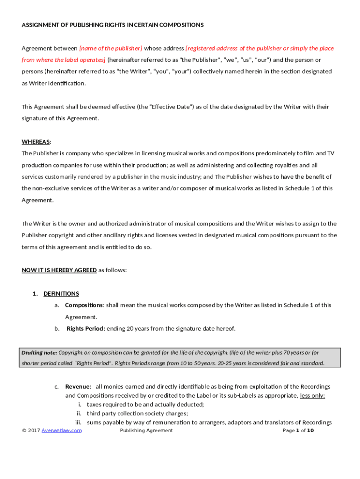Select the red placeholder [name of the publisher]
[x=111, y=48]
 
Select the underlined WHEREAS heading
[x=36, y=142]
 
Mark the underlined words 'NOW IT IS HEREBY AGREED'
[x=59, y=270]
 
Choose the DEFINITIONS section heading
[x=61, y=294]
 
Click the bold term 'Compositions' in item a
[x=84, y=305]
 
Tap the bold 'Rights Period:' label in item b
[x=86, y=328]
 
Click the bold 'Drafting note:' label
[x=39, y=352]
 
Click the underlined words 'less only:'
[x=312, y=395]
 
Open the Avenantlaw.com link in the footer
[x=61, y=430]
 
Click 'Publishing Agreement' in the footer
[x=146, y=430]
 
